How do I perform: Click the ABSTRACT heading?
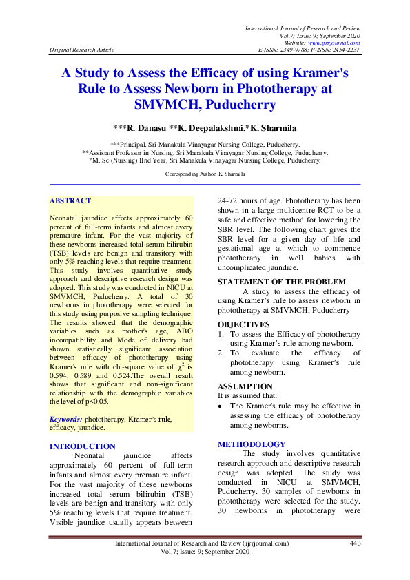70,201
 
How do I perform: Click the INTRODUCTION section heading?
83,446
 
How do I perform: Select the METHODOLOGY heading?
252,444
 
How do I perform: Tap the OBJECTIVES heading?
244,324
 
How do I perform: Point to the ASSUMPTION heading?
245,387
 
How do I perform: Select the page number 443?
356,543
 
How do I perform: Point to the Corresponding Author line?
205,174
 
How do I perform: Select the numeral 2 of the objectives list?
221,352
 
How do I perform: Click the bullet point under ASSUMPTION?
221,406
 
